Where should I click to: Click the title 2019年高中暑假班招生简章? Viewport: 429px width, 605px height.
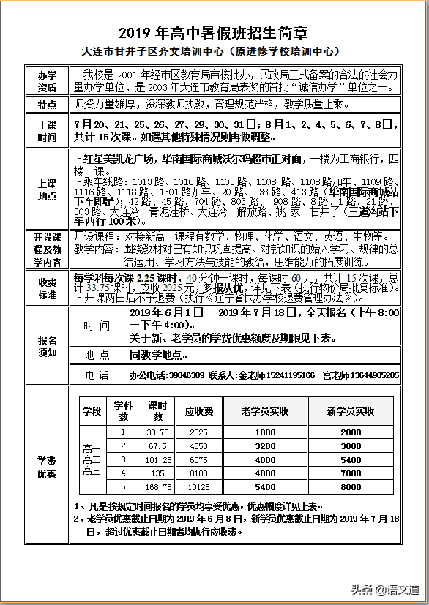tap(214, 34)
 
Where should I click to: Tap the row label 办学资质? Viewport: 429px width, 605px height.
tap(48, 81)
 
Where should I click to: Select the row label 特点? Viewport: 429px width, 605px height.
tap(48, 105)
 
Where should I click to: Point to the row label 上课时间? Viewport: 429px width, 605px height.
tap(48, 131)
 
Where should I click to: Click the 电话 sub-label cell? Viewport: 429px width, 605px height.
tap(97, 375)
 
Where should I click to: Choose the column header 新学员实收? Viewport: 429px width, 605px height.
tap(351, 411)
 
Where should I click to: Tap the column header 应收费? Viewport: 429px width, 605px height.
tap(198, 411)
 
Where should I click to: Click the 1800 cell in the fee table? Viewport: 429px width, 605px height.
tap(265, 432)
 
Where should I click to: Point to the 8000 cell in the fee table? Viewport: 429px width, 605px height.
tap(351, 486)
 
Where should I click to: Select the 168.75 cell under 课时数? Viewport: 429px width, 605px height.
tap(158, 486)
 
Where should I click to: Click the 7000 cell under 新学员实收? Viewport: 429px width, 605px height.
tap(351, 473)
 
